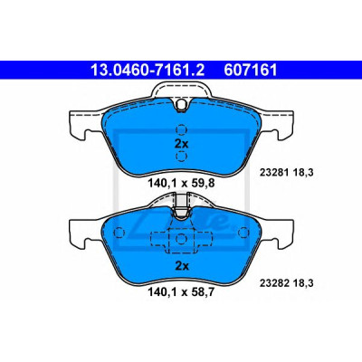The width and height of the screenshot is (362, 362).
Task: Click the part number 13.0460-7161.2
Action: [x=148, y=71]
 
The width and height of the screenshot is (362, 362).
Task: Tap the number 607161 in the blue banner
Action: [x=250, y=71]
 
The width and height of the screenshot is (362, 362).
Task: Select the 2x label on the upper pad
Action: [x=181, y=144]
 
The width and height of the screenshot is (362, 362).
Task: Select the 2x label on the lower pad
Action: [x=182, y=266]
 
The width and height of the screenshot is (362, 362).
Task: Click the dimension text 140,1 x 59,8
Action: [x=181, y=183]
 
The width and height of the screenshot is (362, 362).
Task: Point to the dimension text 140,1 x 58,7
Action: [x=181, y=292]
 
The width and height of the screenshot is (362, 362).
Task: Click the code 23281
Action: [x=273, y=173]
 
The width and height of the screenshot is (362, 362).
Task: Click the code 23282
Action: [x=273, y=283]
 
